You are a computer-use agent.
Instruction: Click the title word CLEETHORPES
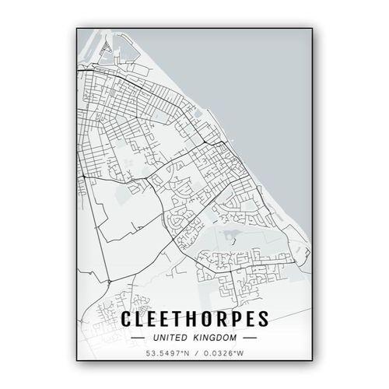coord(194,320)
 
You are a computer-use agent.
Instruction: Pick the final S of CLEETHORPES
coord(262,320)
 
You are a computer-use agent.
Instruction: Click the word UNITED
coord(170,338)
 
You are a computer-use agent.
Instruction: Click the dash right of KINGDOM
coord(251,338)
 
